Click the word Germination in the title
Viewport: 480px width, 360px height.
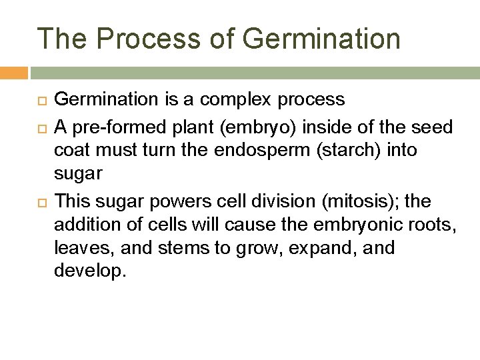coord(321,38)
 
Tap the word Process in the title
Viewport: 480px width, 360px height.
coord(151,38)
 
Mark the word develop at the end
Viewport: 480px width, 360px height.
coord(90,273)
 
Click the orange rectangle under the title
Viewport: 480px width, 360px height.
coord(13,72)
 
